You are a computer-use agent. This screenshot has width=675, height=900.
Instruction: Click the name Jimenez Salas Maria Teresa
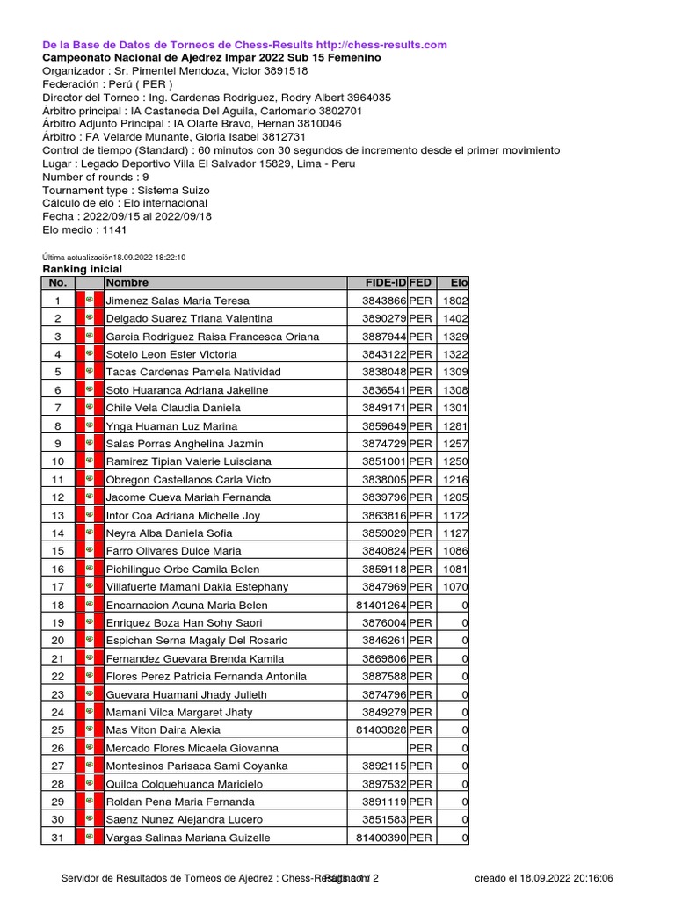(x=178, y=301)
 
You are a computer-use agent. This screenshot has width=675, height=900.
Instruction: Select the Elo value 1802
(x=455, y=301)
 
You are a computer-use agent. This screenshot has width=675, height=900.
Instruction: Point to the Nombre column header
(x=127, y=283)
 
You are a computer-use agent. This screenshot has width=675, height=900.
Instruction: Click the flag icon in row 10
(x=89, y=461)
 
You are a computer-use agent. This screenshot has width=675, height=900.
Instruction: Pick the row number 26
(x=58, y=748)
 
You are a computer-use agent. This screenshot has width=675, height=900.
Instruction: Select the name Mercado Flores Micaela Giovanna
(x=192, y=748)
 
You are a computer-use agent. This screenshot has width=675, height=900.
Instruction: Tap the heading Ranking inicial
(x=83, y=269)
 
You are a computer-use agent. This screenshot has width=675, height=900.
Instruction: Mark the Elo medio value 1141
(x=113, y=230)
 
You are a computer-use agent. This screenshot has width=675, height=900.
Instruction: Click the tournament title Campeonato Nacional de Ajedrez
(x=212, y=57)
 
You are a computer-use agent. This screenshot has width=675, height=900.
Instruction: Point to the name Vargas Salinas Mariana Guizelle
(x=188, y=838)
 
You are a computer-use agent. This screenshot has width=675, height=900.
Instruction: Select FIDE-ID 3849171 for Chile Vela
(x=383, y=408)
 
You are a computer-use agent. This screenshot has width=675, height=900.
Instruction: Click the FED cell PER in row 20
(x=420, y=641)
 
